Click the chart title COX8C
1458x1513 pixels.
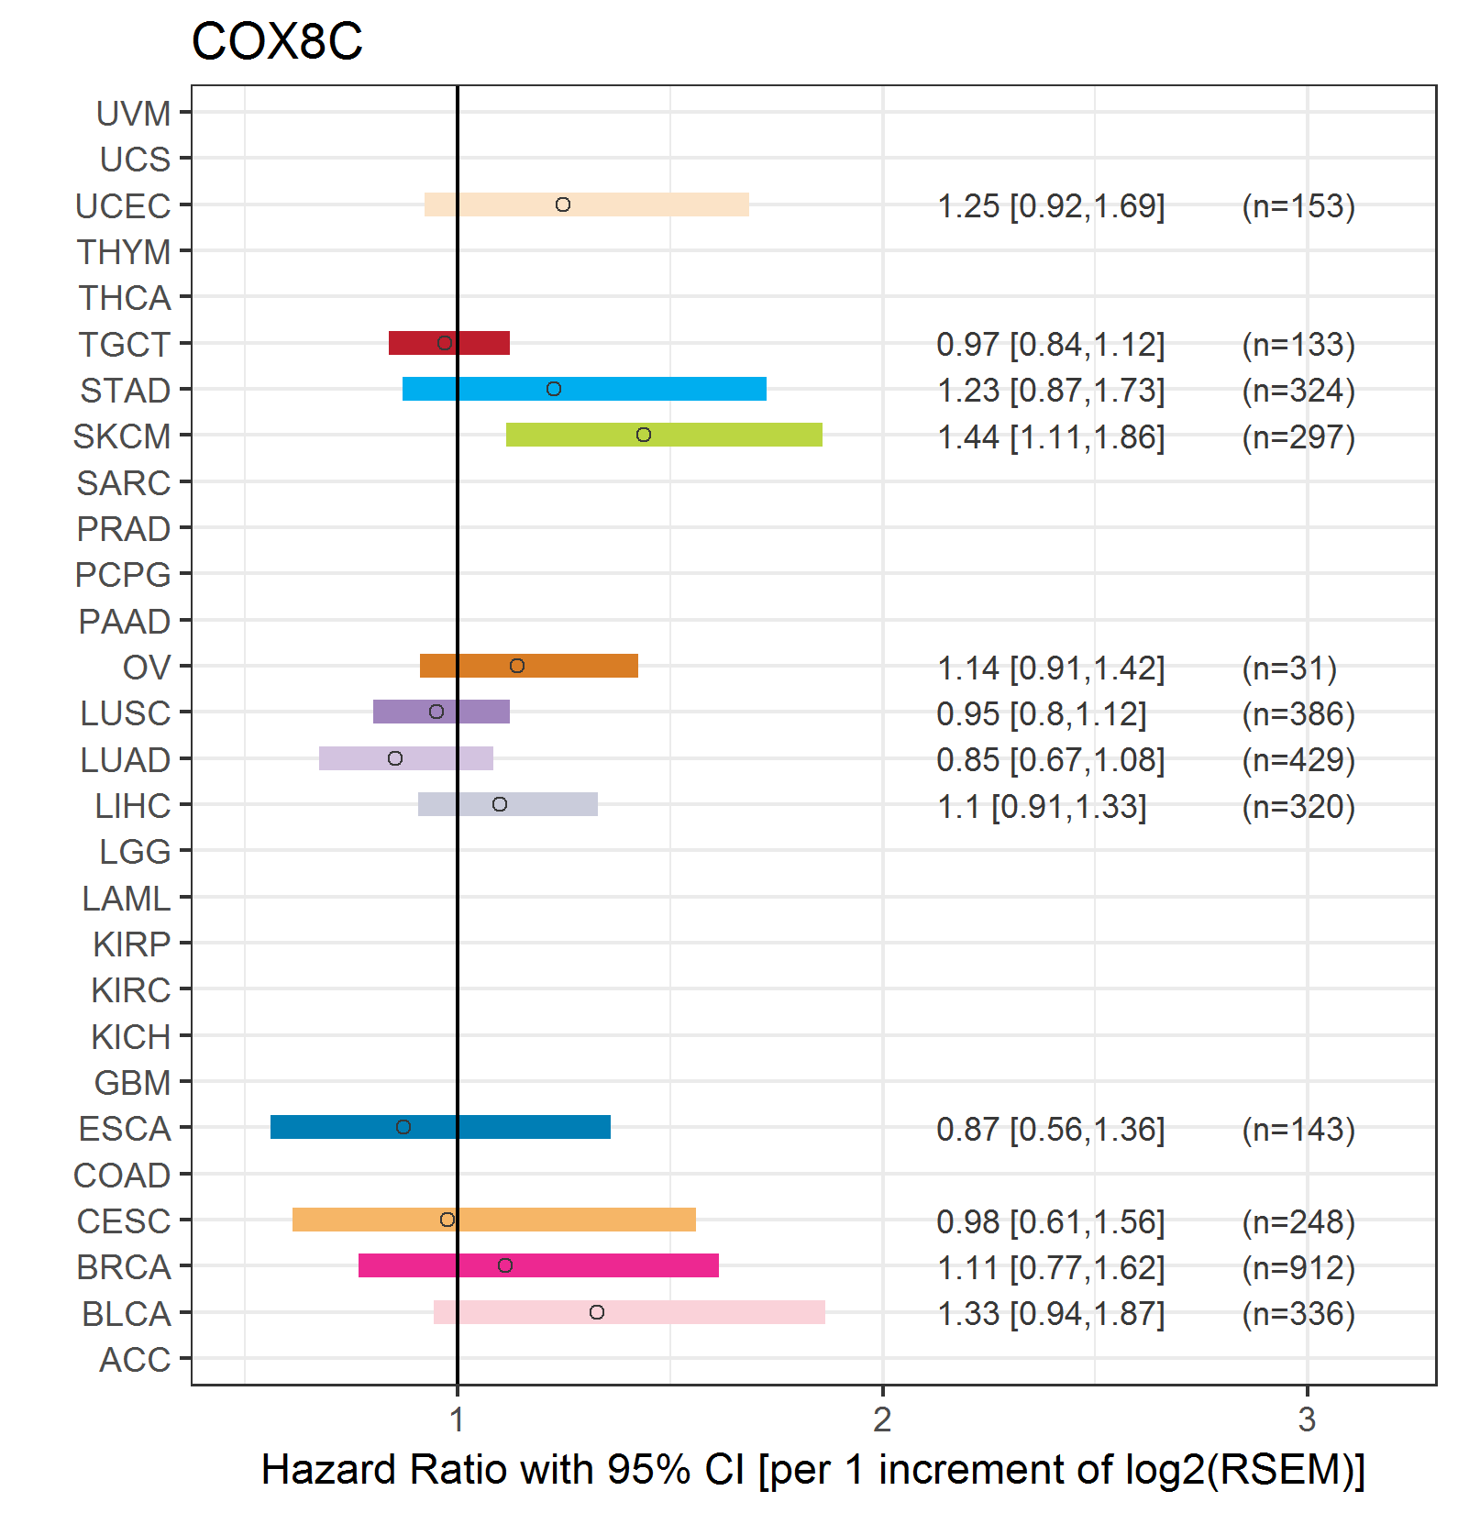click(277, 42)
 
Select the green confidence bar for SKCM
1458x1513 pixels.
click(664, 435)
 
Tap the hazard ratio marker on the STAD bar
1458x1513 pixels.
click(554, 389)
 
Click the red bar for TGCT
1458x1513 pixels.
click(449, 343)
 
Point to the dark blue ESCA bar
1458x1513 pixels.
click(440, 1127)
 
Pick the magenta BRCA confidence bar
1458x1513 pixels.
click(538, 1265)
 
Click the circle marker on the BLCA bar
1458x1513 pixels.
click(597, 1312)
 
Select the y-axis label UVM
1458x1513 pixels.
click(134, 114)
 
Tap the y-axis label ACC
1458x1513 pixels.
click(135, 1360)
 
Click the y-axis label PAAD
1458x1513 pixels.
click(125, 622)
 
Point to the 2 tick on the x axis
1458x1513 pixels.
click(882, 1419)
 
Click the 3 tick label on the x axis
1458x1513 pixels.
click(1307, 1419)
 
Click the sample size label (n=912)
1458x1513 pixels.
click(1298, 1267)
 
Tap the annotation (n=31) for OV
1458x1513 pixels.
click(1289, 668)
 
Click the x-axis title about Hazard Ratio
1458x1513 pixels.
click(813, 1469)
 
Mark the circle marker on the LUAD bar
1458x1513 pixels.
click(395, 758)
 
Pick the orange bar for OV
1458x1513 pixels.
click(529, 666)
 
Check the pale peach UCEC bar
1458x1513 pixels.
click(587, 204)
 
